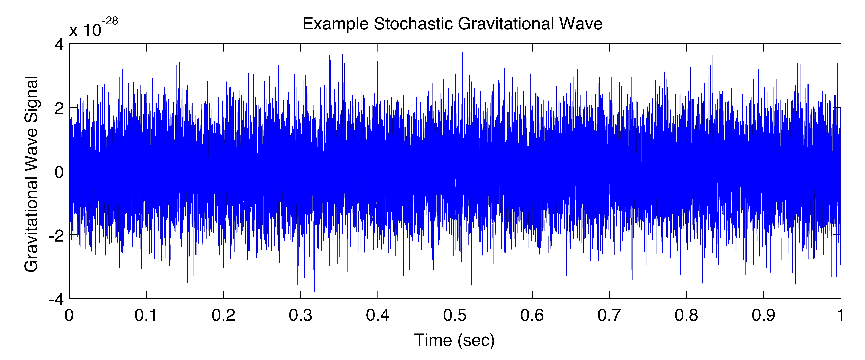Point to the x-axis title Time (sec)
pos(454,340)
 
